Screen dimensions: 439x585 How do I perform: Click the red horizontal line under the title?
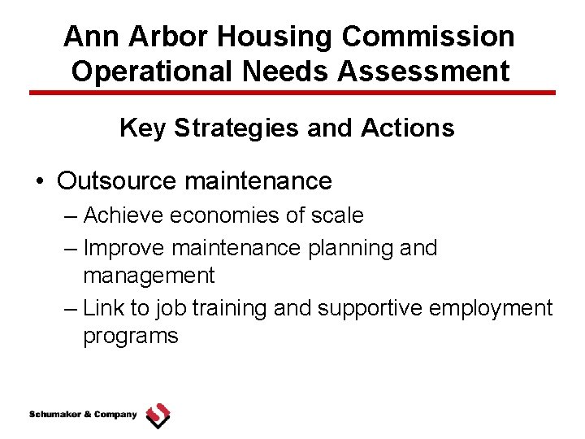pyautogui.click(x=292, y=93)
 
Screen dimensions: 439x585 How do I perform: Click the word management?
pyautogui.click(x=149, y=276)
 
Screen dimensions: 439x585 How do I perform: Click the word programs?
pyautogui.click(x=130, y=336)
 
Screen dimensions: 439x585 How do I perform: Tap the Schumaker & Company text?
pyautogui.click(x=83, y=415)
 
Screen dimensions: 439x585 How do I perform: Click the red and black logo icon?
pyautogui.click(x=158, y=415)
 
